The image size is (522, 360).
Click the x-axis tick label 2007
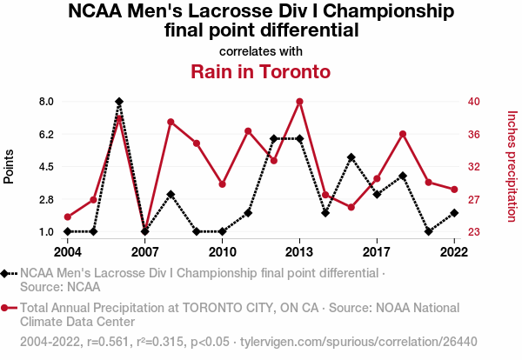point(144,252)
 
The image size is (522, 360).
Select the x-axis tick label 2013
point(299,252)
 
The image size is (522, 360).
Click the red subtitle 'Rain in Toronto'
point(261,71)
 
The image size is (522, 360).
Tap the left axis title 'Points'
point(10,166)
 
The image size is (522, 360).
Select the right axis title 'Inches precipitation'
point(512,166)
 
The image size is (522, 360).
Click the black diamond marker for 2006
point(119,102)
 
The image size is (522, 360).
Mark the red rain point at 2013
point(299,102)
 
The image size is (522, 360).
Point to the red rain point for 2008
point(171,122)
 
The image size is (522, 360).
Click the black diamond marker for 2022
point(454,213)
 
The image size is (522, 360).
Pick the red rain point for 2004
point(68,217)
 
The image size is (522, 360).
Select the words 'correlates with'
point(261,50)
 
